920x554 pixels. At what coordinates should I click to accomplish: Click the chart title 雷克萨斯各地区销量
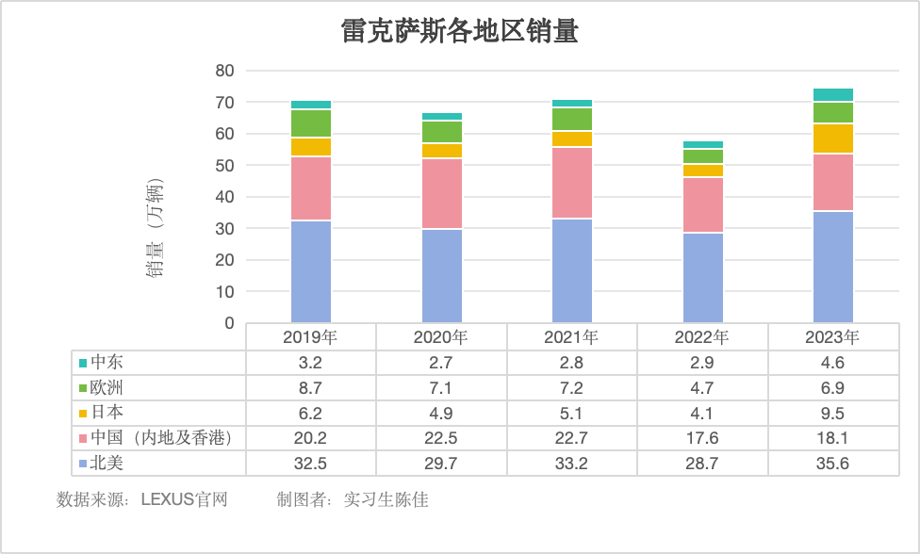coord(459,34)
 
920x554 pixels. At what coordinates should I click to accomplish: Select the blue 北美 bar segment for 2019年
coord(311,271)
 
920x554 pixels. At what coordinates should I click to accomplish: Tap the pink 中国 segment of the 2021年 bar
coord(572,183)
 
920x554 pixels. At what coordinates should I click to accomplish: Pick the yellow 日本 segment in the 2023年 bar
coord(833,138)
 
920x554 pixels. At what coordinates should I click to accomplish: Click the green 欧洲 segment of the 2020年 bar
coord(442,132)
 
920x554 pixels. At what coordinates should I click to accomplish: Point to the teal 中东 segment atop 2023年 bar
coord(833,94)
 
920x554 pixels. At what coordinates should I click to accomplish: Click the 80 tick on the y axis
coord(224,71)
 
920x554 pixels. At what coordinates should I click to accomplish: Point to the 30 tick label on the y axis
coord(224,229)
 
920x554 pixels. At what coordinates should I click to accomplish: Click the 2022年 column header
coord(703,337)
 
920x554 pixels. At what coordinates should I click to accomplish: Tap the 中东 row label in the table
coord(106,363)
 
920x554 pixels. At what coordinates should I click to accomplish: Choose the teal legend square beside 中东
coord(83,363)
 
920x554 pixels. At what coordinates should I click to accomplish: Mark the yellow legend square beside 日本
coord(83,413)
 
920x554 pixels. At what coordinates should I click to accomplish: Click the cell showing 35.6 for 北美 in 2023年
coord(833,464)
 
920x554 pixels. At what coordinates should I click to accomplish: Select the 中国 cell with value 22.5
coord(441,438)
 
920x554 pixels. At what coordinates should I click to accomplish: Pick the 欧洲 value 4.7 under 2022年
coord(703,387)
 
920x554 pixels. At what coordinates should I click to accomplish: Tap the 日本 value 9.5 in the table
coord(833,413)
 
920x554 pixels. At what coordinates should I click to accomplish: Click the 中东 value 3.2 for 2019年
coord(311,363)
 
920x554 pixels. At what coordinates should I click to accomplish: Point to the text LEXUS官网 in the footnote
coord(184,499)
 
